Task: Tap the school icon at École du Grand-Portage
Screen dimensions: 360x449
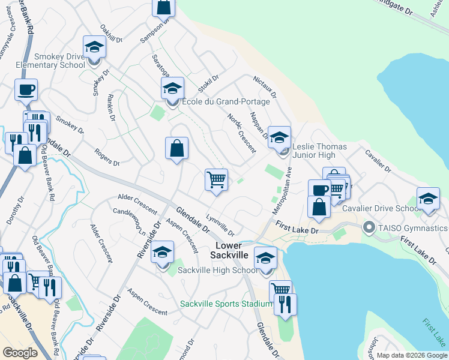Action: click(172, 89)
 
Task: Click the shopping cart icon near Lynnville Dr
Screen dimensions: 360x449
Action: click(216, 179)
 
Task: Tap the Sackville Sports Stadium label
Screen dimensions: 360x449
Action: click(226, 304)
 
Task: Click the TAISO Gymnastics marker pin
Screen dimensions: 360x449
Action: click(369, 228)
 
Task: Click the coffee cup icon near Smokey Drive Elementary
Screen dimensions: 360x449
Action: click(26, 90)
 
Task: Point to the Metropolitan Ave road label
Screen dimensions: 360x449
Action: click(281, 188)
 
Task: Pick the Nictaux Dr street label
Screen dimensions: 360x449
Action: click(265, 87)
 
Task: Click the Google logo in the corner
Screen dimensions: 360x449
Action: click(20, 353)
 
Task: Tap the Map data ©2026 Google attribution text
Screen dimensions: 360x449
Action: click(411, 355)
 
